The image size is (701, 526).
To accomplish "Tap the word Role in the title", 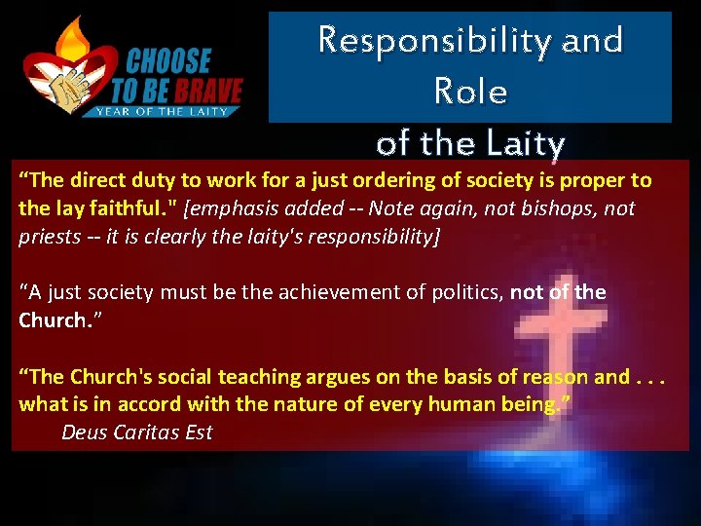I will (x=470, y=92).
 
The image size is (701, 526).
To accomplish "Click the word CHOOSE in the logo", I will (x=166, y=62).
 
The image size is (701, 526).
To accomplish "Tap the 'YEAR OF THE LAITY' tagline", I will (x=162, y=112).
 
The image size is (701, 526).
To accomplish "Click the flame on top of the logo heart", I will (x=73, y=39).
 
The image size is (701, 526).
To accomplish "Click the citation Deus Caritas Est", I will (x=136, y=432).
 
